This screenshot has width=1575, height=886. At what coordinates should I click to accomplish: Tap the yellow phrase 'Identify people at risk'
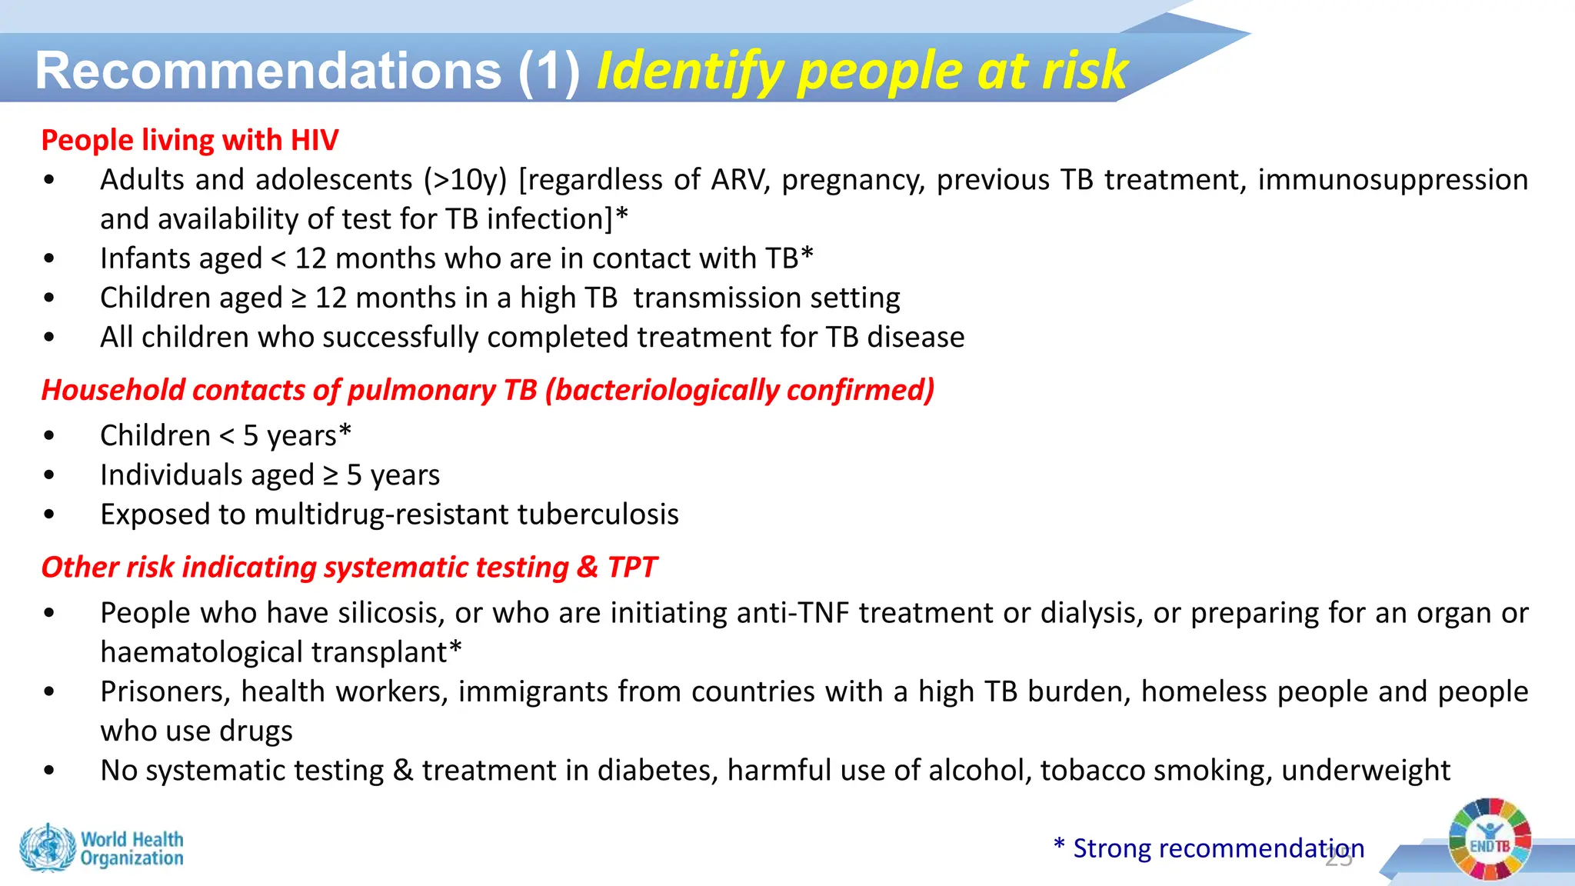861,71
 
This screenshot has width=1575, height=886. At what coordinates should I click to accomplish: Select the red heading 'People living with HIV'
189,140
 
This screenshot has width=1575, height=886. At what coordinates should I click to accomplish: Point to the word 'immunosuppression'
1393,180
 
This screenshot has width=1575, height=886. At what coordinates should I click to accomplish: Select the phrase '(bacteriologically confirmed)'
740,390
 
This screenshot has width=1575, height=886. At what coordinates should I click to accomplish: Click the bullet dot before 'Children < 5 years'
49,436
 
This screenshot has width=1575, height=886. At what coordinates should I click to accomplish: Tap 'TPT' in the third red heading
631,568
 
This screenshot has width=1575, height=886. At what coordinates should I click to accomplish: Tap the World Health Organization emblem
48,848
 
